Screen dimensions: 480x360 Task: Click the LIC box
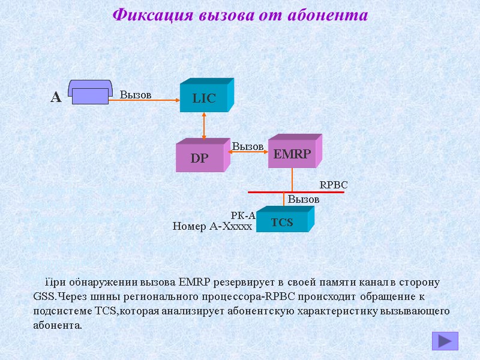(x=204, y=98)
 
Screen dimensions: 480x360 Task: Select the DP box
(x=199, y=158)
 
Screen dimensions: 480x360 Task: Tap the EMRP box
(x=292, y=154)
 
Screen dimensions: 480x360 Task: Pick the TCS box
(x=282, y=222)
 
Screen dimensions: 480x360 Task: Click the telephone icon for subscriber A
(x=89, y=91)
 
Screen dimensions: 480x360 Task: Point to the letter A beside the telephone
(x=56, y=97)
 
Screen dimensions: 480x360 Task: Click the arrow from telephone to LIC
(x=144, y=101)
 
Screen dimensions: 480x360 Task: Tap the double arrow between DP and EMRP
(x=247, y=152)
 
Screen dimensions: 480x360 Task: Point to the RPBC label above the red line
(x=334, y=185)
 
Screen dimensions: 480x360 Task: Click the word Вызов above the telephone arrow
(x=136, y=94)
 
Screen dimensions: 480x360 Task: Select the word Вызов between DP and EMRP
(x=248, y=146)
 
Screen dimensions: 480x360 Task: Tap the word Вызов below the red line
(x=304, y=199)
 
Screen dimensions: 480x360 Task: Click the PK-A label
(x=243, y=215)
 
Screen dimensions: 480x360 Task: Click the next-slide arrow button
(x=445, y=341)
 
